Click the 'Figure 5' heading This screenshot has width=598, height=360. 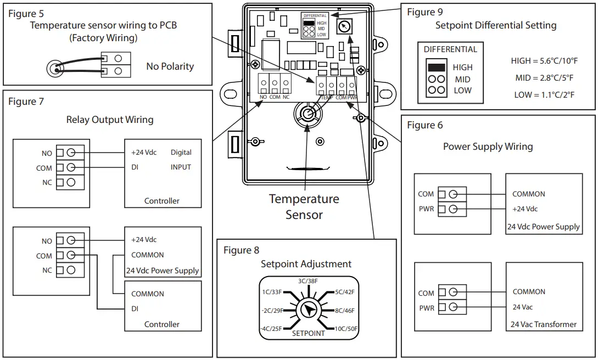click(x=26, y=13)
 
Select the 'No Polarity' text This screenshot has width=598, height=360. click(x=170, y=66)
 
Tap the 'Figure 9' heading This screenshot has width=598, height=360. click(x=424, y=12)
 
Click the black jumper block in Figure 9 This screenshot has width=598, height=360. click(x=436, y=67)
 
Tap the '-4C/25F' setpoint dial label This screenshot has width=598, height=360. click(x=272, y=328)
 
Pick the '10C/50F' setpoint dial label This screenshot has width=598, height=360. click(x=345, y=328)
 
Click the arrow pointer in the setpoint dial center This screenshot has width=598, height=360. click(x=309, y=311)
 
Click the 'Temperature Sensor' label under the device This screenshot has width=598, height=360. click(x=304, y=206)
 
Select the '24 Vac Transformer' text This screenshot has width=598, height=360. click(x=544, y=324)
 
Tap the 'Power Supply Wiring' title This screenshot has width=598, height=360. click(x=488, y=147)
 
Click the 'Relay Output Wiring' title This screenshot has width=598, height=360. click(x=110, y=120)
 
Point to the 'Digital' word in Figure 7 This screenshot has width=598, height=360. click(x=181, y=153)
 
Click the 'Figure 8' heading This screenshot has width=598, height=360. click(x=241, y=250)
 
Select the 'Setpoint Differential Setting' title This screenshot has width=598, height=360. click(x=495, y=25)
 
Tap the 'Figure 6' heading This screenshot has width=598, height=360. click(x=424, y=125)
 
